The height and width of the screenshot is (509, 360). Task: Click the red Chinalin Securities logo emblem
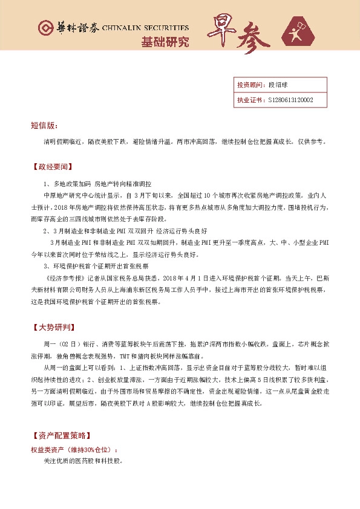(45, 28)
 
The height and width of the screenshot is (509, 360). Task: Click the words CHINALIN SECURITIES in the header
(146, 28)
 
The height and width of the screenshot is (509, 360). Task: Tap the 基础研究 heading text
(165, 42)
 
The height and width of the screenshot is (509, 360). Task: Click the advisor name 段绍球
(278, 85)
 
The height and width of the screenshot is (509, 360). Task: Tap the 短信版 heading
(44, 126)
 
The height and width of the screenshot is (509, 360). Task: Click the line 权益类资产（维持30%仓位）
(74, 450)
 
